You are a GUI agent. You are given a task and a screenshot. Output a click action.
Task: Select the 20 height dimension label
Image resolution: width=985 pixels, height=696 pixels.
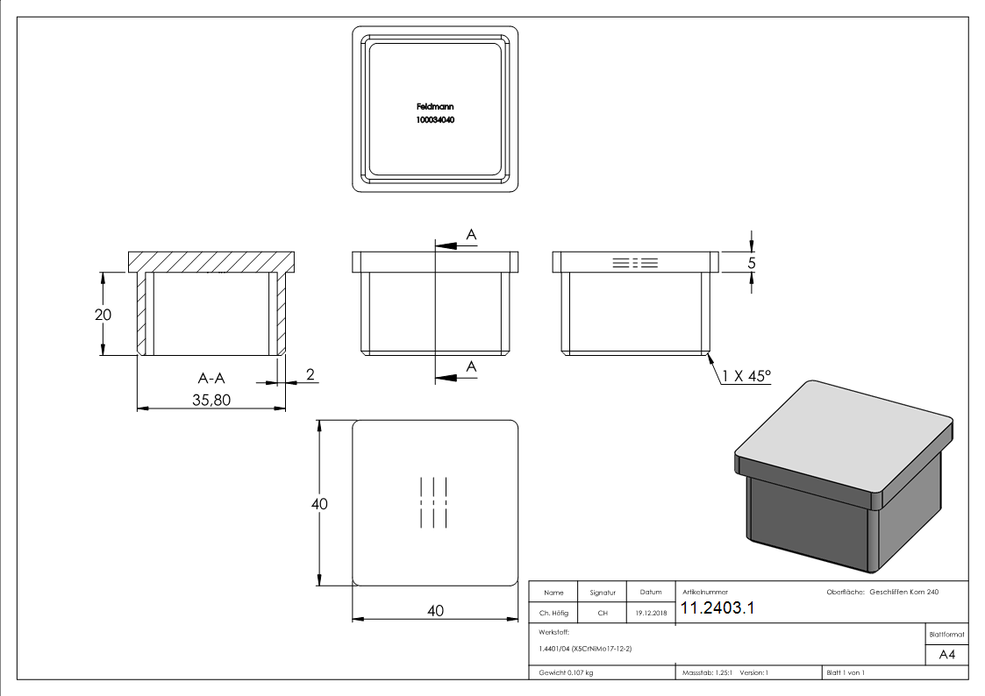[x=103, y=315]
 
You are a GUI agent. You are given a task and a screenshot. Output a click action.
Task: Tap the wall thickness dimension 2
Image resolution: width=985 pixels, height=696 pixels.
[x=310, y=374]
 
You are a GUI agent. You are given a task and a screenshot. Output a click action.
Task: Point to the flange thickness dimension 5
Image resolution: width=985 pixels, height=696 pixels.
[x=752, y=262]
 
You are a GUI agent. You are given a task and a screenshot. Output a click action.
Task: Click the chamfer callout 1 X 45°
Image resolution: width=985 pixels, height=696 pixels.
[x=746, y=376]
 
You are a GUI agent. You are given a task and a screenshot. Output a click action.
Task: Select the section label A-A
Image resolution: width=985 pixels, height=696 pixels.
[x=211, y=378]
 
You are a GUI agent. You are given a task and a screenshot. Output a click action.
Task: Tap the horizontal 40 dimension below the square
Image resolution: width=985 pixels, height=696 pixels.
[x=435, y=611]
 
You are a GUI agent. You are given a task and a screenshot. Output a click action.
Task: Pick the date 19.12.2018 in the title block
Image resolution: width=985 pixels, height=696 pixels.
[x=650, y=613]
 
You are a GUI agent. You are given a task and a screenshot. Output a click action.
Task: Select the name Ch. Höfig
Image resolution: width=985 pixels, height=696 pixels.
[x=553, y=613]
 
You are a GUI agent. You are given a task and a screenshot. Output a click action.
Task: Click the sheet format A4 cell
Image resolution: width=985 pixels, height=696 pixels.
[x=947, y=655]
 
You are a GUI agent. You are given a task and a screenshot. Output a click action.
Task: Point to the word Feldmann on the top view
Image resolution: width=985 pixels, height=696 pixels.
[x=435, y=106]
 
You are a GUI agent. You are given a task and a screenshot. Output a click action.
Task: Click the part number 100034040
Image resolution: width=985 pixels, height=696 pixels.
[x=435, y=119]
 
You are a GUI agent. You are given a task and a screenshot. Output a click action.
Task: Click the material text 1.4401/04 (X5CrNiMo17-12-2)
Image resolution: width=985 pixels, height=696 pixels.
[x=585, y=649]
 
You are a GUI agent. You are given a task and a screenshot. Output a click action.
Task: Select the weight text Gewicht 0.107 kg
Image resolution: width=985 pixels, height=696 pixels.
[x=566, y=672]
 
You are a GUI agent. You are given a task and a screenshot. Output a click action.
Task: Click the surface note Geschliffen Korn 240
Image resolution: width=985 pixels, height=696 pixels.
[x=903, y=593]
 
